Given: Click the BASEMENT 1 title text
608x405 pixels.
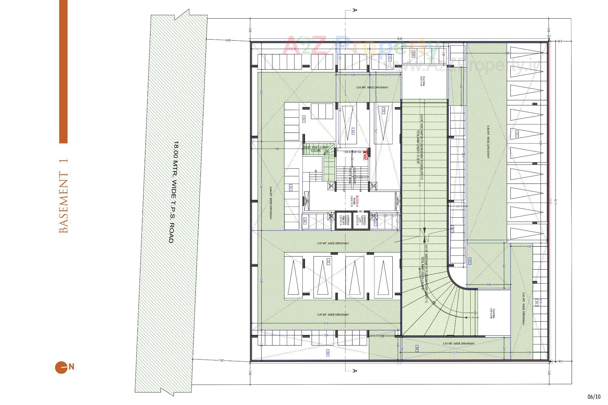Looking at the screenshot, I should [64, 196].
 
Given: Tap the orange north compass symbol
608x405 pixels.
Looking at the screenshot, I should [61, 367].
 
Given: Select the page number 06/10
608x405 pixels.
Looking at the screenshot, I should [594, 397].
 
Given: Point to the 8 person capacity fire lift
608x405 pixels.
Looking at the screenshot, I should [343, 220].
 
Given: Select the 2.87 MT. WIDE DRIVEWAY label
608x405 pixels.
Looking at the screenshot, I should [332, 243].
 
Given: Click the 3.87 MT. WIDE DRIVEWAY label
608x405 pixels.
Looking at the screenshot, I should [332, 315].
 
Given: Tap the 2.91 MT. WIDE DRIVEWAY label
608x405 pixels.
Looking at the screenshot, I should [458, 344].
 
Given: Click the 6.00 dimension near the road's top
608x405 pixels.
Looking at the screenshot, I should [228, 40].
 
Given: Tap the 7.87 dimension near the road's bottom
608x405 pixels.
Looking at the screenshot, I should [221, 360].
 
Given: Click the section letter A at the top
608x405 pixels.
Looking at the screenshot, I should [355, 10].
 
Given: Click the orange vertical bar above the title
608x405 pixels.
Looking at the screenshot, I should [63, 71].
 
